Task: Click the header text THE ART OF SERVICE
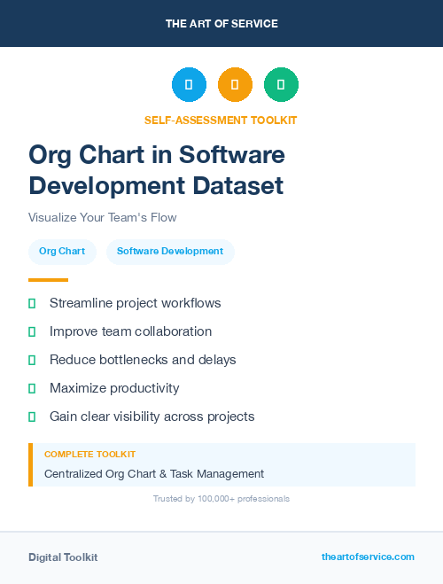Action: coord(221,24)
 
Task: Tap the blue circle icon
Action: coord(189,85)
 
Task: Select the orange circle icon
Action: coord(235,85)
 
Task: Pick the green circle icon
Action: coord(281,85)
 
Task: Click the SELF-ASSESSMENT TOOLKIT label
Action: coord(221,120)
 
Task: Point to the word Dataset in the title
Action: coord(239,186)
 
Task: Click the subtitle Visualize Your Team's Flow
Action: coord(102,217)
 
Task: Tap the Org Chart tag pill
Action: coord(62,252)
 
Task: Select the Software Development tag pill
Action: coord(170,252)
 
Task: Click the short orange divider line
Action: coord(48,280)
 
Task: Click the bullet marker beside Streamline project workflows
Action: coord(32,303)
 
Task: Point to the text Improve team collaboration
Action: coord(130,331)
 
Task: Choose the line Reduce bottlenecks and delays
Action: coord(143,360)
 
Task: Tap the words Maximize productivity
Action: coord(114,388)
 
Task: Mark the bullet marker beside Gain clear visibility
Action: coord(32,417)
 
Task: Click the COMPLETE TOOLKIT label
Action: coord(89,454)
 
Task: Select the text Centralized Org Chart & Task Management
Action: coord(154,473)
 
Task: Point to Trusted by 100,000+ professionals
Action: coord(221,499)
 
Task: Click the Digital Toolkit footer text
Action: coord(63,557)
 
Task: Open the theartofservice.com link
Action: coord(368,557)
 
